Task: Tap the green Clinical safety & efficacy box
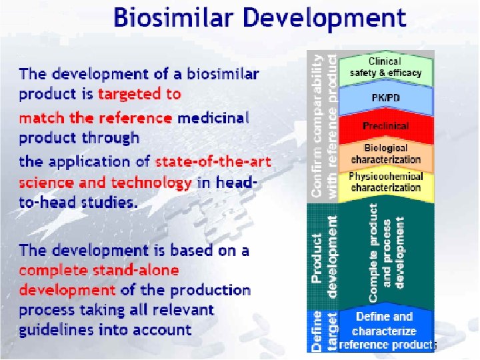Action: [386, 67]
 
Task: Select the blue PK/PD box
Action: [386, 97]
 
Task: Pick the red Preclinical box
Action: [386, 125]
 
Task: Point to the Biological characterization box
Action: [386, 154]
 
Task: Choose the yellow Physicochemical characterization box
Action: [386, 182]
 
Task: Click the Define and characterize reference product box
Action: [386, 331]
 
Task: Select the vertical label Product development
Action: [325, 257]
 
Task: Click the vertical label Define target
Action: [325, 331]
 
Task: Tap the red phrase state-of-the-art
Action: [213, 161]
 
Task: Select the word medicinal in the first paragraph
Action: [213, 118]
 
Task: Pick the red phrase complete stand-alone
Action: [99, 271]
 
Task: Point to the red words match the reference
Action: [95, 118]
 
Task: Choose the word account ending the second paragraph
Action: [163, 330]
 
